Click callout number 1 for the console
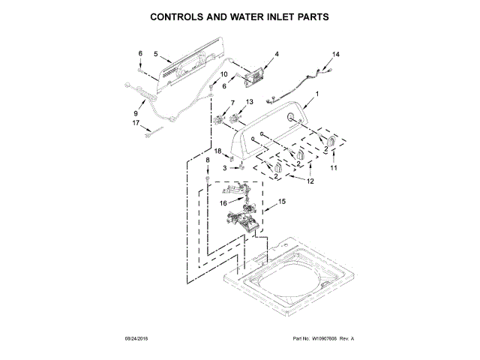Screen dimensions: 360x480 [316, 94]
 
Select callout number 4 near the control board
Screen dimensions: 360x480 [276, 54]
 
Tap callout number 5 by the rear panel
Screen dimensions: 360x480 [155, 54]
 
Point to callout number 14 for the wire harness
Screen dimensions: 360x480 [336, 55]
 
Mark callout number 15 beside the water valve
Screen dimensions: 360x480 [282, 201]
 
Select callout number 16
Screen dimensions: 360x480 [223, 202]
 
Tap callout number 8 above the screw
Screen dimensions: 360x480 [208, 161]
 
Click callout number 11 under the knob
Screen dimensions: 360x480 [334, 168]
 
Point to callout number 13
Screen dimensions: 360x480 [250, 102]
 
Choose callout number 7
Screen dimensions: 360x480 [232, 102]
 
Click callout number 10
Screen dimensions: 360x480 [223, 74]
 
